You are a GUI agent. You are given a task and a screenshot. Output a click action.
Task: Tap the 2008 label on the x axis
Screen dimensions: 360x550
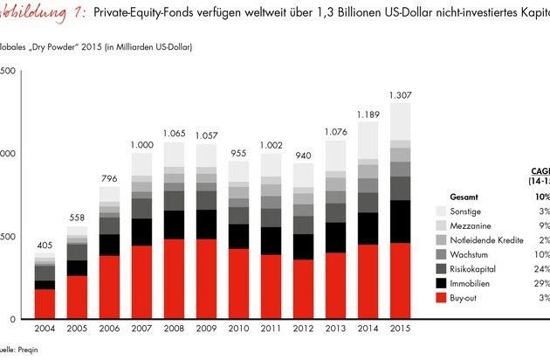[174, 329]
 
